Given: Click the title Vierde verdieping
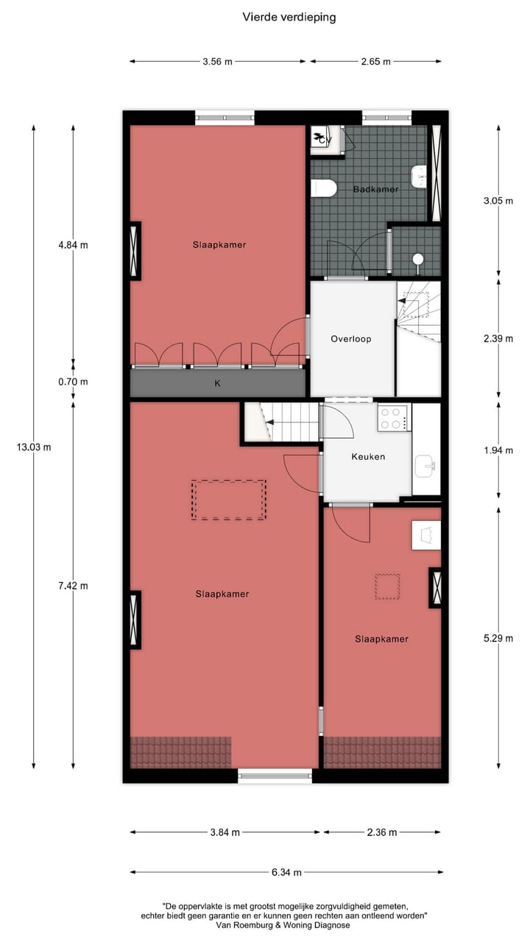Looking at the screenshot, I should (x=289, y=17).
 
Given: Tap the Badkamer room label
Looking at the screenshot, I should (x=375, y=189).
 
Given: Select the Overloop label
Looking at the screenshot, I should (x=350, y=339).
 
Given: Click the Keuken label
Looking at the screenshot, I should (x=368, y=456).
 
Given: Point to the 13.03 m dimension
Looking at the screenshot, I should (x=33, y=447).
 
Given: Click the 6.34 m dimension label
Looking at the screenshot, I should (x=286, y=873).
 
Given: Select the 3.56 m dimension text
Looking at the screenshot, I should (x=217, y=62).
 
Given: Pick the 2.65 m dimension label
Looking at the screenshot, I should (x=375, y=62).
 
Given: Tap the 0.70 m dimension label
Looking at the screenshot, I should (x=73, y=382).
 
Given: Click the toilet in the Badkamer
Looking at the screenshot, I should (x=324, y=189).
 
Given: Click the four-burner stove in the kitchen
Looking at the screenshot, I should (x=394, y=417).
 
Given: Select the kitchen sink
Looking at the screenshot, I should (x=426, y=465).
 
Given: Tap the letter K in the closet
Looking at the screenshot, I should (x=218, y=383).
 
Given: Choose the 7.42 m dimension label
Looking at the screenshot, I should (x=73, y=586).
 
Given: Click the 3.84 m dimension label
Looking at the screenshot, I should (x=225, y=832).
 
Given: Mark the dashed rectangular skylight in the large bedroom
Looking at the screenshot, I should (x=229, y=500).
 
